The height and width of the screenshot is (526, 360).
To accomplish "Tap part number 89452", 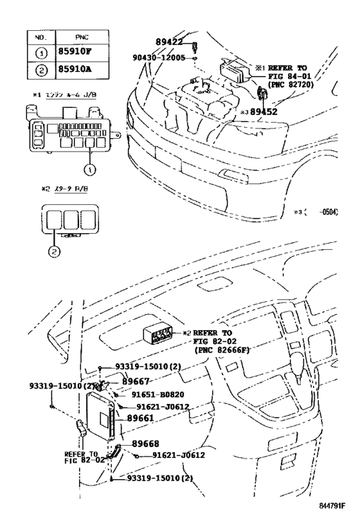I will pyautogui.click(x=264, y=111).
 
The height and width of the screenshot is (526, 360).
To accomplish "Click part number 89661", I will pyautogui.click(x=139, y=418).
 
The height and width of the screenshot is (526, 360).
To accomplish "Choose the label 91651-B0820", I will pyautogui.click(x=156, y=394).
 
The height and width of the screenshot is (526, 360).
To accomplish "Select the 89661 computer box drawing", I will pyautogui.click(x=103, y=417).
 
